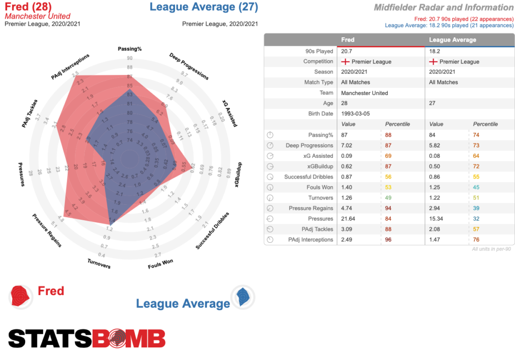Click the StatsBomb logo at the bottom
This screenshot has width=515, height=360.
click(87, 338)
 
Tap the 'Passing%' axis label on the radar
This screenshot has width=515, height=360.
click(130, 49)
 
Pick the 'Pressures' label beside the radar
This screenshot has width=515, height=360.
click(22, 174)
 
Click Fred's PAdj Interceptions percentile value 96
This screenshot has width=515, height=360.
click(388, 239)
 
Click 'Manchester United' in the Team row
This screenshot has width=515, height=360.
click(365, 93)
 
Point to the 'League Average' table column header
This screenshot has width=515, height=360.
click(452, 40)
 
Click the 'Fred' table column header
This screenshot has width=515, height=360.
click(348, 40)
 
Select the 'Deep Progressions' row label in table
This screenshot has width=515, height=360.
click(309, 145)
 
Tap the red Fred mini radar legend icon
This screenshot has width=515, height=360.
click(21, 296)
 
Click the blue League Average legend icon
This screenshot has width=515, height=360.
click(243, 297)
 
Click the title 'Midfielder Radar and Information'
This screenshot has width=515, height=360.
click(444, 8)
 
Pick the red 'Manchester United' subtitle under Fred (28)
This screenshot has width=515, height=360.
click(37, 16)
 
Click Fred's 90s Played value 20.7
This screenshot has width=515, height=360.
click(347, 51)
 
